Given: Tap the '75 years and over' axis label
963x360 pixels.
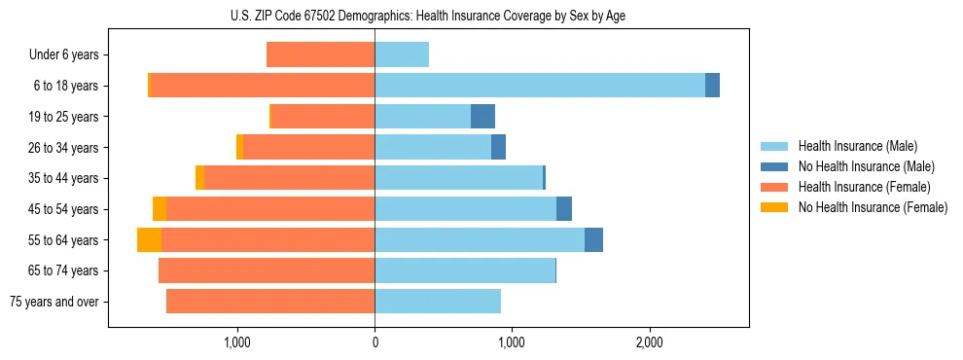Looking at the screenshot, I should pyautogui.click(x=54, y=302).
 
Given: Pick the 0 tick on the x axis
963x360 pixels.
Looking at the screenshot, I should pyautogui.click(x=374, y=342).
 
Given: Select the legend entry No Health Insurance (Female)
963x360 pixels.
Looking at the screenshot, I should pyautogui.click(x=873, y=207).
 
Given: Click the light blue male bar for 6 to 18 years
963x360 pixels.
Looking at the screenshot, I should pyautogui.click(x=540, y=86).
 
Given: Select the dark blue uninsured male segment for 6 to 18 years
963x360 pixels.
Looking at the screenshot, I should pyautogui.click(x=712, y=86).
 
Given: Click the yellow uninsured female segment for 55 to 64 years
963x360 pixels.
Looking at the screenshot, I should pyautogui.click(x=149, y=240).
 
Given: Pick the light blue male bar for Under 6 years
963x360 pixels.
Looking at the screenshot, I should pyautogui.click(x=402, y=55).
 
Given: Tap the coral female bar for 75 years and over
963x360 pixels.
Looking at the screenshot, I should pyautogui.click(x=270, y=302).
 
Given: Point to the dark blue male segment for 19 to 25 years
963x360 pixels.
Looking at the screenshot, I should pyautogui.click(x=482, y=117).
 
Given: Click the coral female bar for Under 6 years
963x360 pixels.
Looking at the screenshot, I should pyautogui.click(x=321, y=55).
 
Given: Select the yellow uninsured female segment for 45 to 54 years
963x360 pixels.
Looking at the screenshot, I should pyautogui.click(x=160, y=209).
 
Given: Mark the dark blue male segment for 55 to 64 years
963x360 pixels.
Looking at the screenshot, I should pyautogui.click(x=593, y=240).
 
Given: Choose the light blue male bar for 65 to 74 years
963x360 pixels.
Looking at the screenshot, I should pyautogui.click(x=465, y=270).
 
